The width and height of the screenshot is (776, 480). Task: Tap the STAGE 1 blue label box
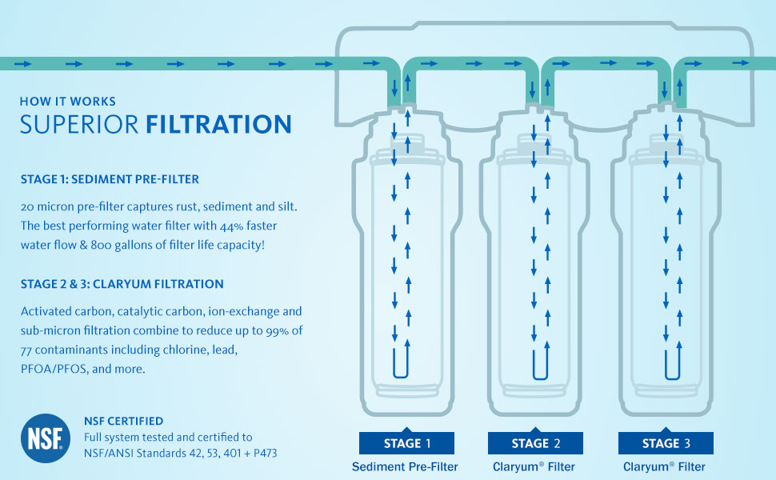(x=406, y=443)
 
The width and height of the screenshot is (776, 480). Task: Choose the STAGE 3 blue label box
(x=666, y=443)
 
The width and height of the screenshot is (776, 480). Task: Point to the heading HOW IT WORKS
(x=68, y=102)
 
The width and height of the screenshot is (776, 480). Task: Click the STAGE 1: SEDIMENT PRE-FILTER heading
(x=109, y=178)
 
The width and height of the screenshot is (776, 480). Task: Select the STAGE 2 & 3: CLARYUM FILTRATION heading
(x=122, y=284)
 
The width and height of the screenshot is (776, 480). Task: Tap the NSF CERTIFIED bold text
(x=123, y=421)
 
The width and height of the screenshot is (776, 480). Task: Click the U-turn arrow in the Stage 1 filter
(x=401, y=362)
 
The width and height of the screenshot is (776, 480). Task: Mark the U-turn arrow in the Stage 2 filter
(x=540, y=362)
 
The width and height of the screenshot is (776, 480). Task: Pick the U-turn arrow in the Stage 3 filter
(x=671, y=362)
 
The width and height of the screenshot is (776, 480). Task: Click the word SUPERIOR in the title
(x=79, y=126)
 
